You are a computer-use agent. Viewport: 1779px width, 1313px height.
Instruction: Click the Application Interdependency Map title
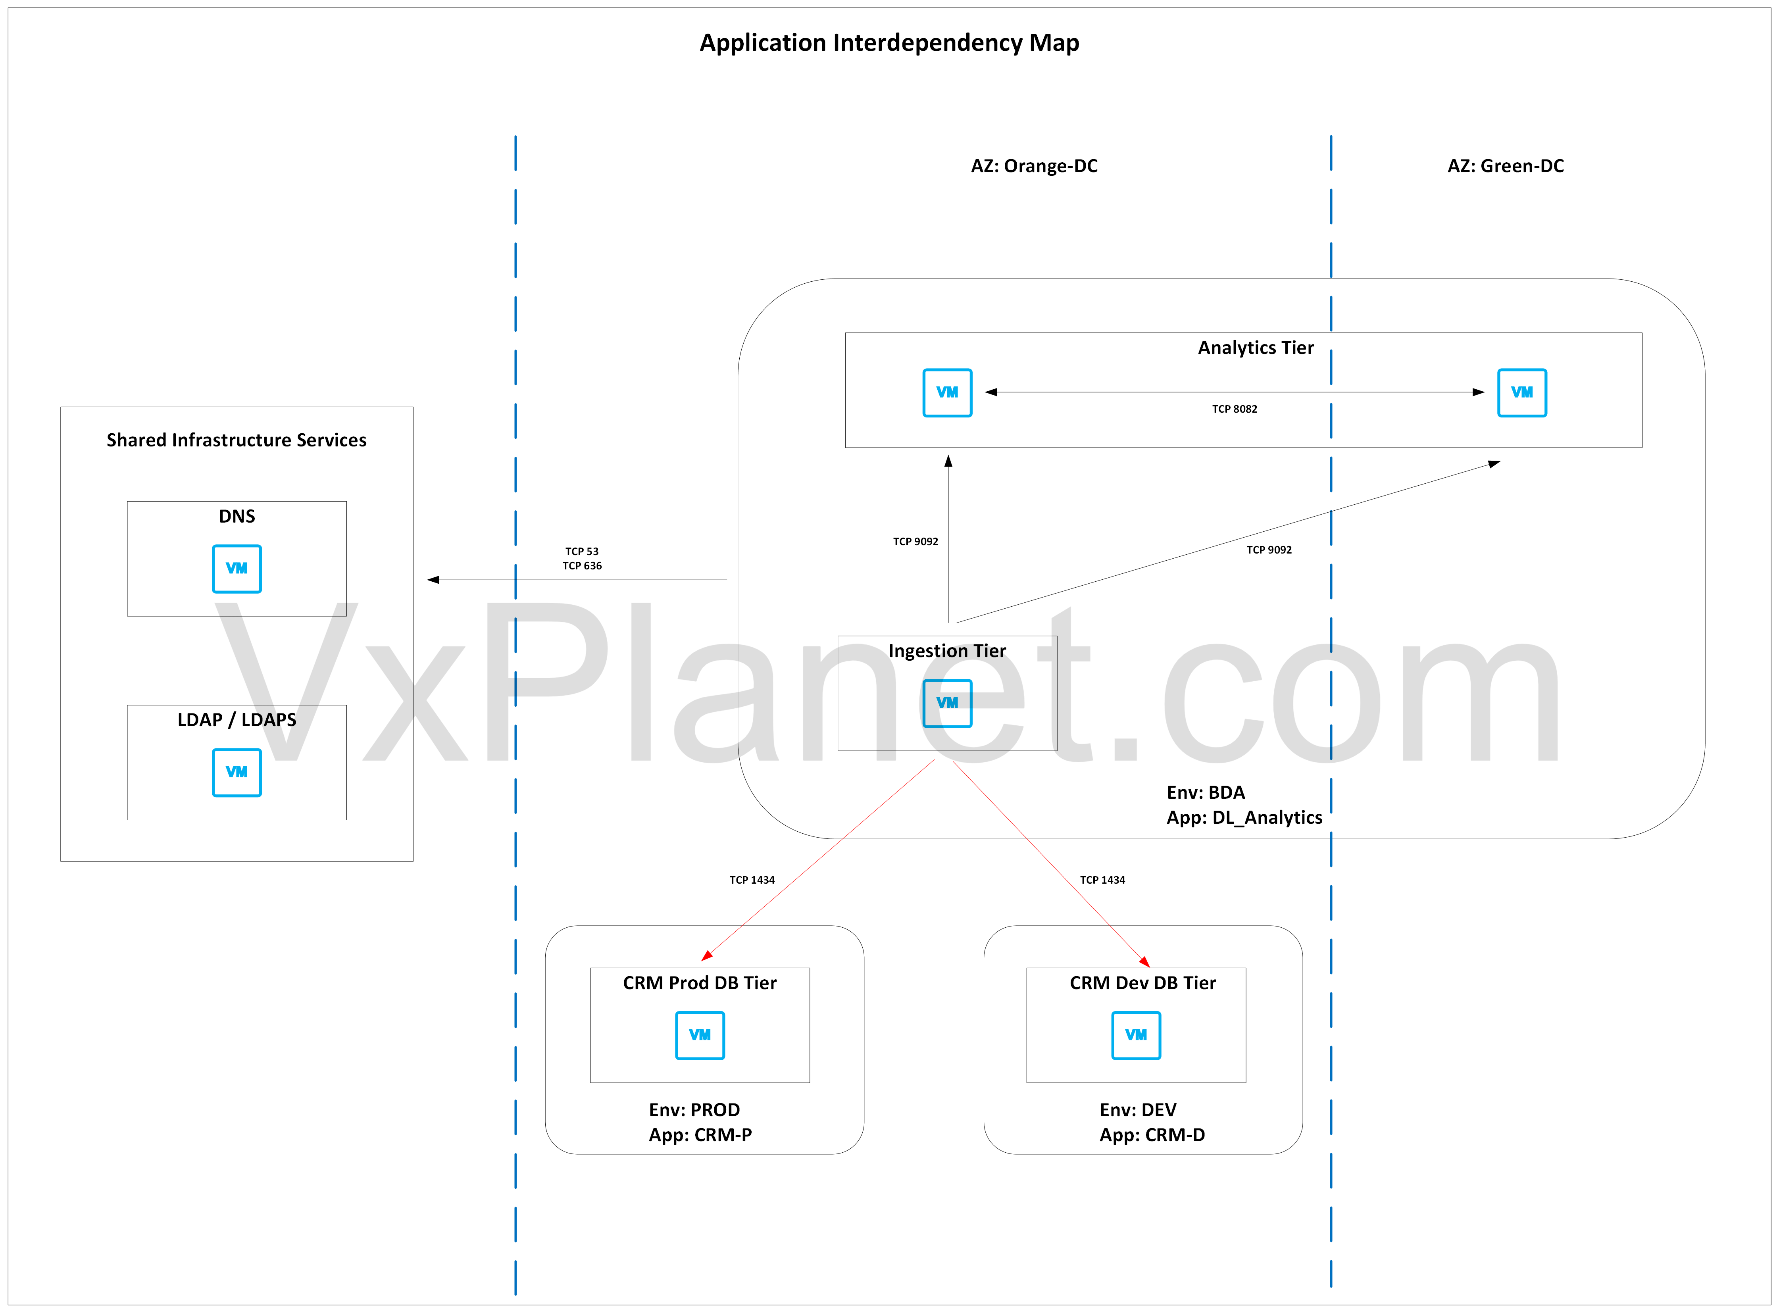[x=889, y=43]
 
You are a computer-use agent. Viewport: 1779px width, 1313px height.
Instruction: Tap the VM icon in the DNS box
[x=237, y=568]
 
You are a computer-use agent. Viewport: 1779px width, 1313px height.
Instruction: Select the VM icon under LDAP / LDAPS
[x=237, y=772]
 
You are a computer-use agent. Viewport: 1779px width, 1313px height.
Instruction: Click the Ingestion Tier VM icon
[x=947, y=703]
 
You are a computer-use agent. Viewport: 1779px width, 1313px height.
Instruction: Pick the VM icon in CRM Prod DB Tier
[x=700, y=1035]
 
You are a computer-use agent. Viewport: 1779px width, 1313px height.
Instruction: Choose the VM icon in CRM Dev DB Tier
[x=1136, y=1035]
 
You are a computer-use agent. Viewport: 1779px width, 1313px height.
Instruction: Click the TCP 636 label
[x=582, y=566]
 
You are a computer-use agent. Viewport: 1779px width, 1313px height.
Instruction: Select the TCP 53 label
[x=582, y=551]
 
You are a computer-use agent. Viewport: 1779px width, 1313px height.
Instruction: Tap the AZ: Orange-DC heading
[x=1034, y=166]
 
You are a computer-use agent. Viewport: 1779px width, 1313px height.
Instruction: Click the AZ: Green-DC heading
[x=1506, y=166]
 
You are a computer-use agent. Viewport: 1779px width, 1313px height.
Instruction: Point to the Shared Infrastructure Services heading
[x=237, y=440]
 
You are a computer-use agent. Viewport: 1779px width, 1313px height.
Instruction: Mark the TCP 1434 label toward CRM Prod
[x=752, y=880]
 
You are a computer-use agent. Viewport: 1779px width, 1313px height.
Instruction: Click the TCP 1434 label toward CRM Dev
[x=1102, y=880]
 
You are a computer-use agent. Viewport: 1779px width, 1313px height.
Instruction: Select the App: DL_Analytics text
[x=1244, y=818]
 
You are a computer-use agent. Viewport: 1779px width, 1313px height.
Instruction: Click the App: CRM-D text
[x=1152, y=1135]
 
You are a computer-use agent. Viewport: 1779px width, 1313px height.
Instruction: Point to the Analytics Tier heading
[x=1256, y=348]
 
